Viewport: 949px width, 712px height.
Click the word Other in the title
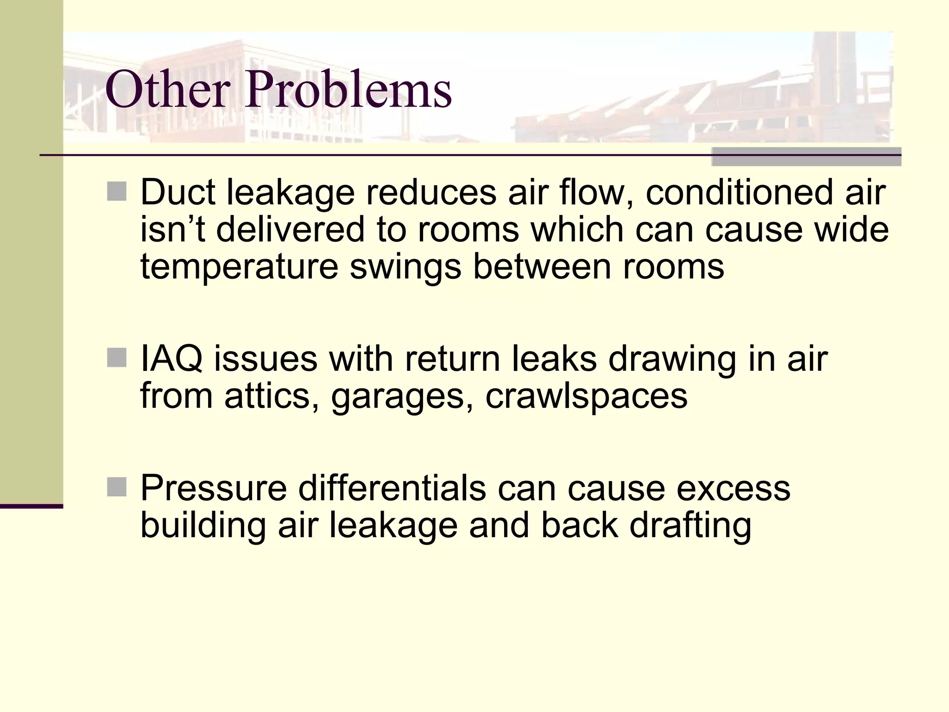pos(167,89)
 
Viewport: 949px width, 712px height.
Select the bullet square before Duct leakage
pos(116,191)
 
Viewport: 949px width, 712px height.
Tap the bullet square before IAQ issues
pos(116,358)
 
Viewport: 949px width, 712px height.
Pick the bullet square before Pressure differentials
pos(116,487)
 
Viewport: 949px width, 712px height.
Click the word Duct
pos(177,192)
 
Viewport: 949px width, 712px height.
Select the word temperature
pos(239,267)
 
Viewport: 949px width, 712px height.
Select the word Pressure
pos(213,488)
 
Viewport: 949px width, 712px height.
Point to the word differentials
pos(392,488)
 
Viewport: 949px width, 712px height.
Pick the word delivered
pos(290,229)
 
